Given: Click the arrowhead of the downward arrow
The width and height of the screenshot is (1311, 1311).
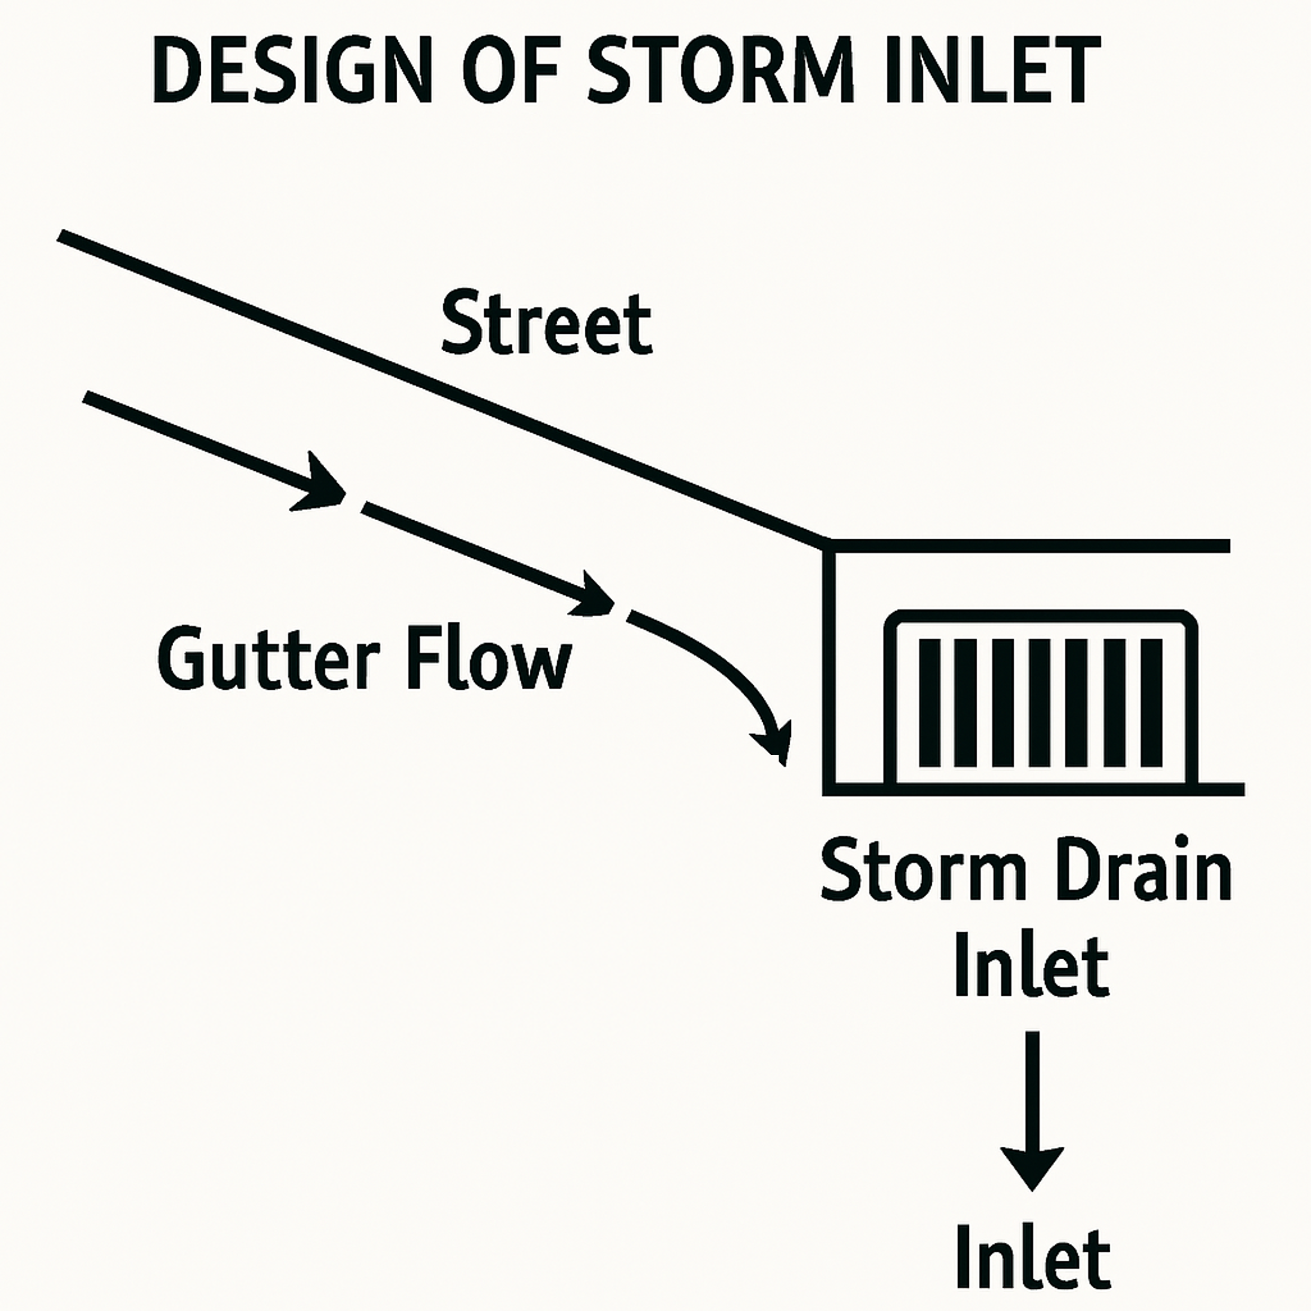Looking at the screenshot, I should (1032, 1164).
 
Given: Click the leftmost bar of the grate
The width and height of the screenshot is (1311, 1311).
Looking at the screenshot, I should (930, 703).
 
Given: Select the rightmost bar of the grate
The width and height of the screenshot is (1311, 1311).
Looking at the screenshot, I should (1152, 703).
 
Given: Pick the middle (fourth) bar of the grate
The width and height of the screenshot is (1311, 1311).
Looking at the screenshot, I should (1040, 703).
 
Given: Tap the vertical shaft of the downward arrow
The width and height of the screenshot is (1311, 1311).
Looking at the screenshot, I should (1032, 1086).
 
